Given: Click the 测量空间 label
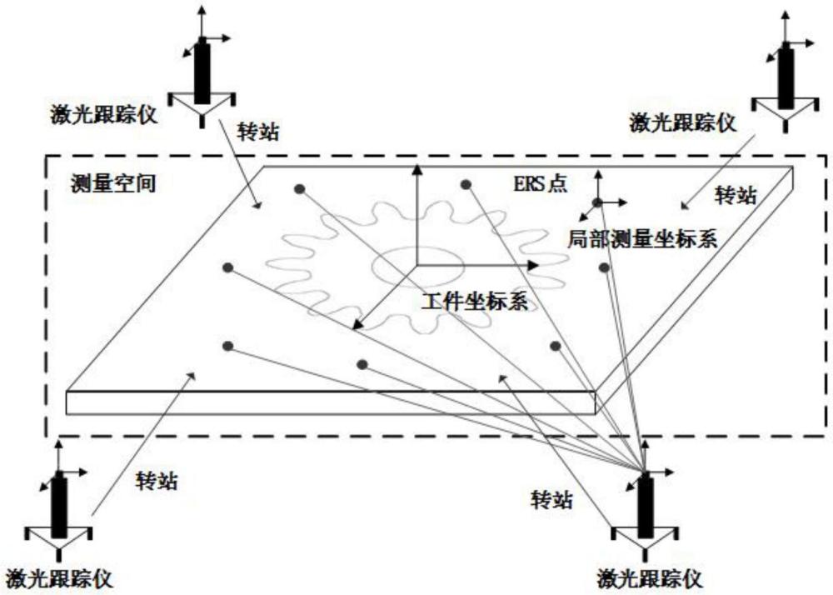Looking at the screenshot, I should click(113, 183).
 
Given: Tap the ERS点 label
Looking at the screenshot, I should click(539, 185).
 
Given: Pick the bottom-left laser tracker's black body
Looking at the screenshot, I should click(59, 505).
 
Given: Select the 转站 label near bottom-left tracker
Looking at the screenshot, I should click(157, 481).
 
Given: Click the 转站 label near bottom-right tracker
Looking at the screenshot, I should click(551, 498).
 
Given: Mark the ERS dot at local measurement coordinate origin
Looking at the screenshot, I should click(597, 202).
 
